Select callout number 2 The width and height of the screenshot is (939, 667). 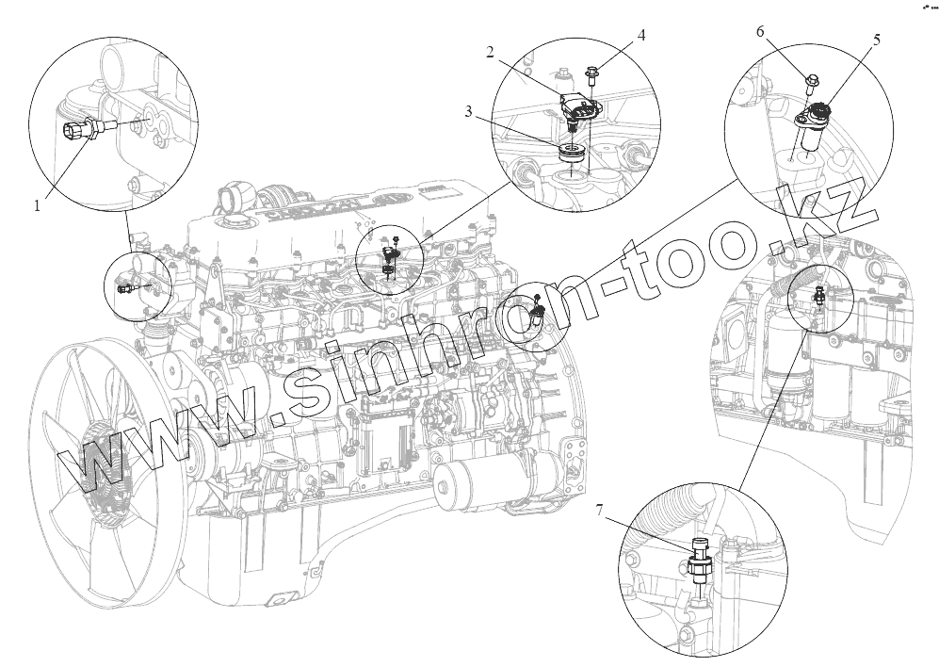(491, 53)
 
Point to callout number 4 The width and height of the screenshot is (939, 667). (641, 35)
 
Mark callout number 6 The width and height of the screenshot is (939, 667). (760, 32)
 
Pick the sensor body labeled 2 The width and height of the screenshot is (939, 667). (579, 108)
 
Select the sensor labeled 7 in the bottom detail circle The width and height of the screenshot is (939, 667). (700, 565)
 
